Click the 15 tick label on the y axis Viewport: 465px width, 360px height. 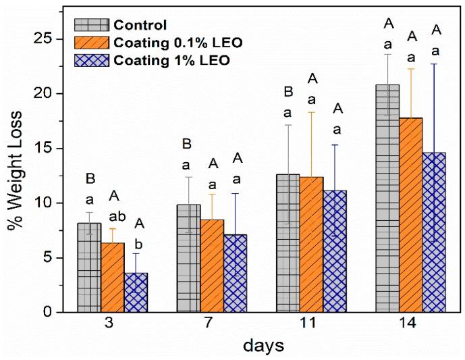coord(40,149)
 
